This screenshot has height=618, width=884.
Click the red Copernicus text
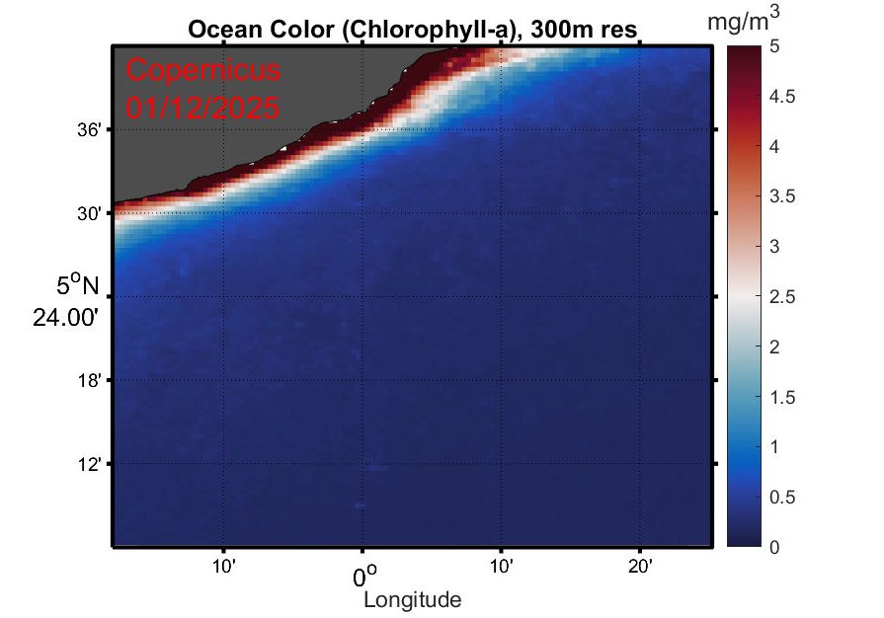(203, 71)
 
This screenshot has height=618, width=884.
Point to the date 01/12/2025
(203, 106)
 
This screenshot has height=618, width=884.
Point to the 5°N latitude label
(78, 286)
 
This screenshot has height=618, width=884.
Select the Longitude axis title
(412, 599)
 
